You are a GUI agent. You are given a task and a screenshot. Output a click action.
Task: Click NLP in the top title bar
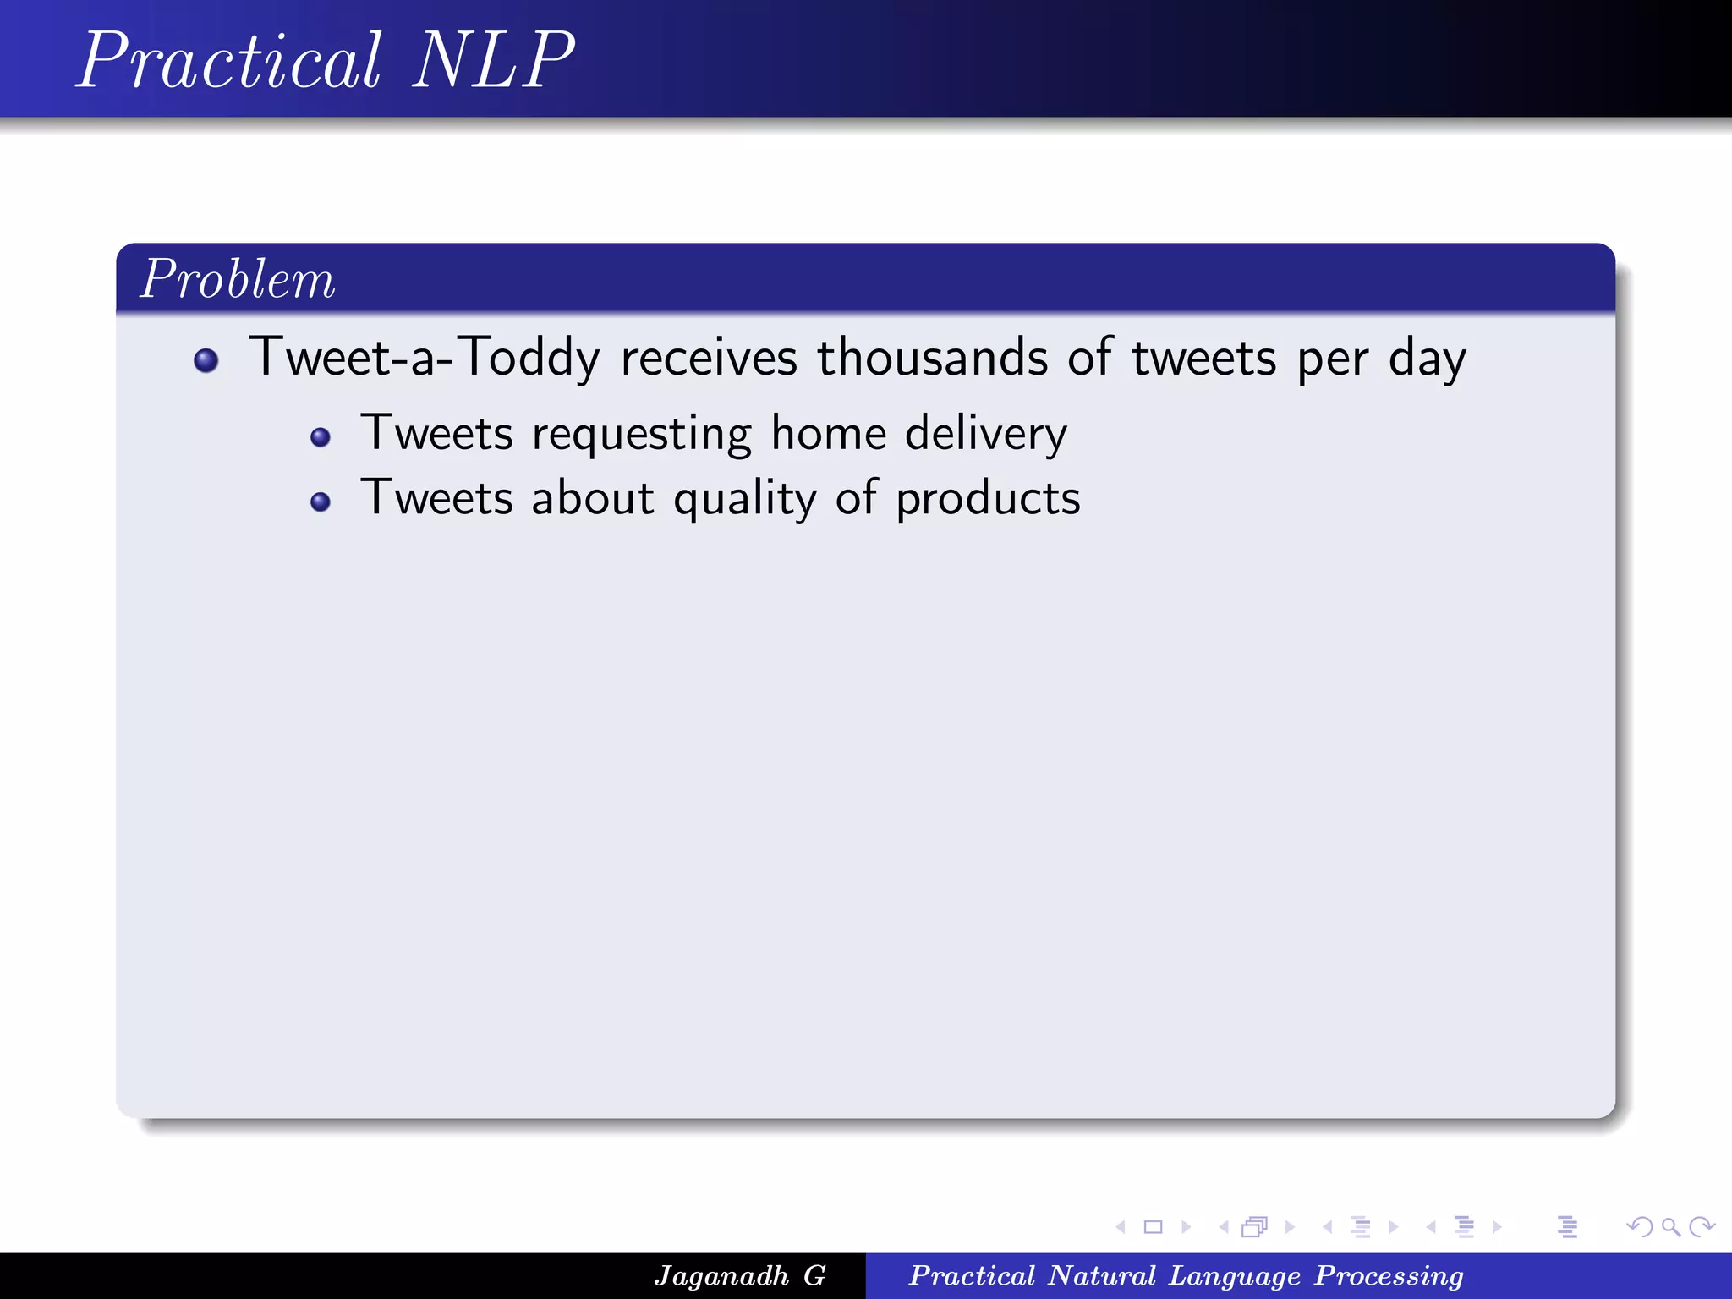coord(493,61)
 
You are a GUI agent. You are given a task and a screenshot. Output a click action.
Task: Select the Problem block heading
coord(238,279)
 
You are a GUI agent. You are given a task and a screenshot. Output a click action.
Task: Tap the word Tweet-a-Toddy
coord(425,357)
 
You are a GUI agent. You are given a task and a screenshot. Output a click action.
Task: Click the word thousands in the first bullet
coord(932,357)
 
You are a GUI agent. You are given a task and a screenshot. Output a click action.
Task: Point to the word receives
coord(709,357)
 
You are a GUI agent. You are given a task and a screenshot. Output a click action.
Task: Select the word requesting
coord(641,435)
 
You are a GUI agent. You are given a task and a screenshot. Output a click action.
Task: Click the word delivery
coord(986,434)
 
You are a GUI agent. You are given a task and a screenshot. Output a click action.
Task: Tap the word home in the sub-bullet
coord(829,434)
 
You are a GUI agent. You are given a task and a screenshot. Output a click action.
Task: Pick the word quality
coord(744,499)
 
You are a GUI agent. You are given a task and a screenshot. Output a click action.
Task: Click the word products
coord(988,499)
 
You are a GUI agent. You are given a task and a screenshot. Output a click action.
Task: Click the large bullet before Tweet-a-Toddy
coord(206,361)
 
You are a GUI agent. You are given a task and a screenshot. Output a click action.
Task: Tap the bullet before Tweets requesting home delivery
coord(321,437)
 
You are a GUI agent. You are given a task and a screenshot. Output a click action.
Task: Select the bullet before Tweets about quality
coord(321,502)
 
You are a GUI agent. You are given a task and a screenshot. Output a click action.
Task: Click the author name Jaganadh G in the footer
coord(739,1275)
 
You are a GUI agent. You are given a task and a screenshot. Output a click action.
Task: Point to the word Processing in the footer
coord(1389,1275)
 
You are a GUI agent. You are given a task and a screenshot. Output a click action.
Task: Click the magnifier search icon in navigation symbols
coord(1670,1227)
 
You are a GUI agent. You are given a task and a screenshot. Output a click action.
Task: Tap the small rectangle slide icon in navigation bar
coord(1153,1227)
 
